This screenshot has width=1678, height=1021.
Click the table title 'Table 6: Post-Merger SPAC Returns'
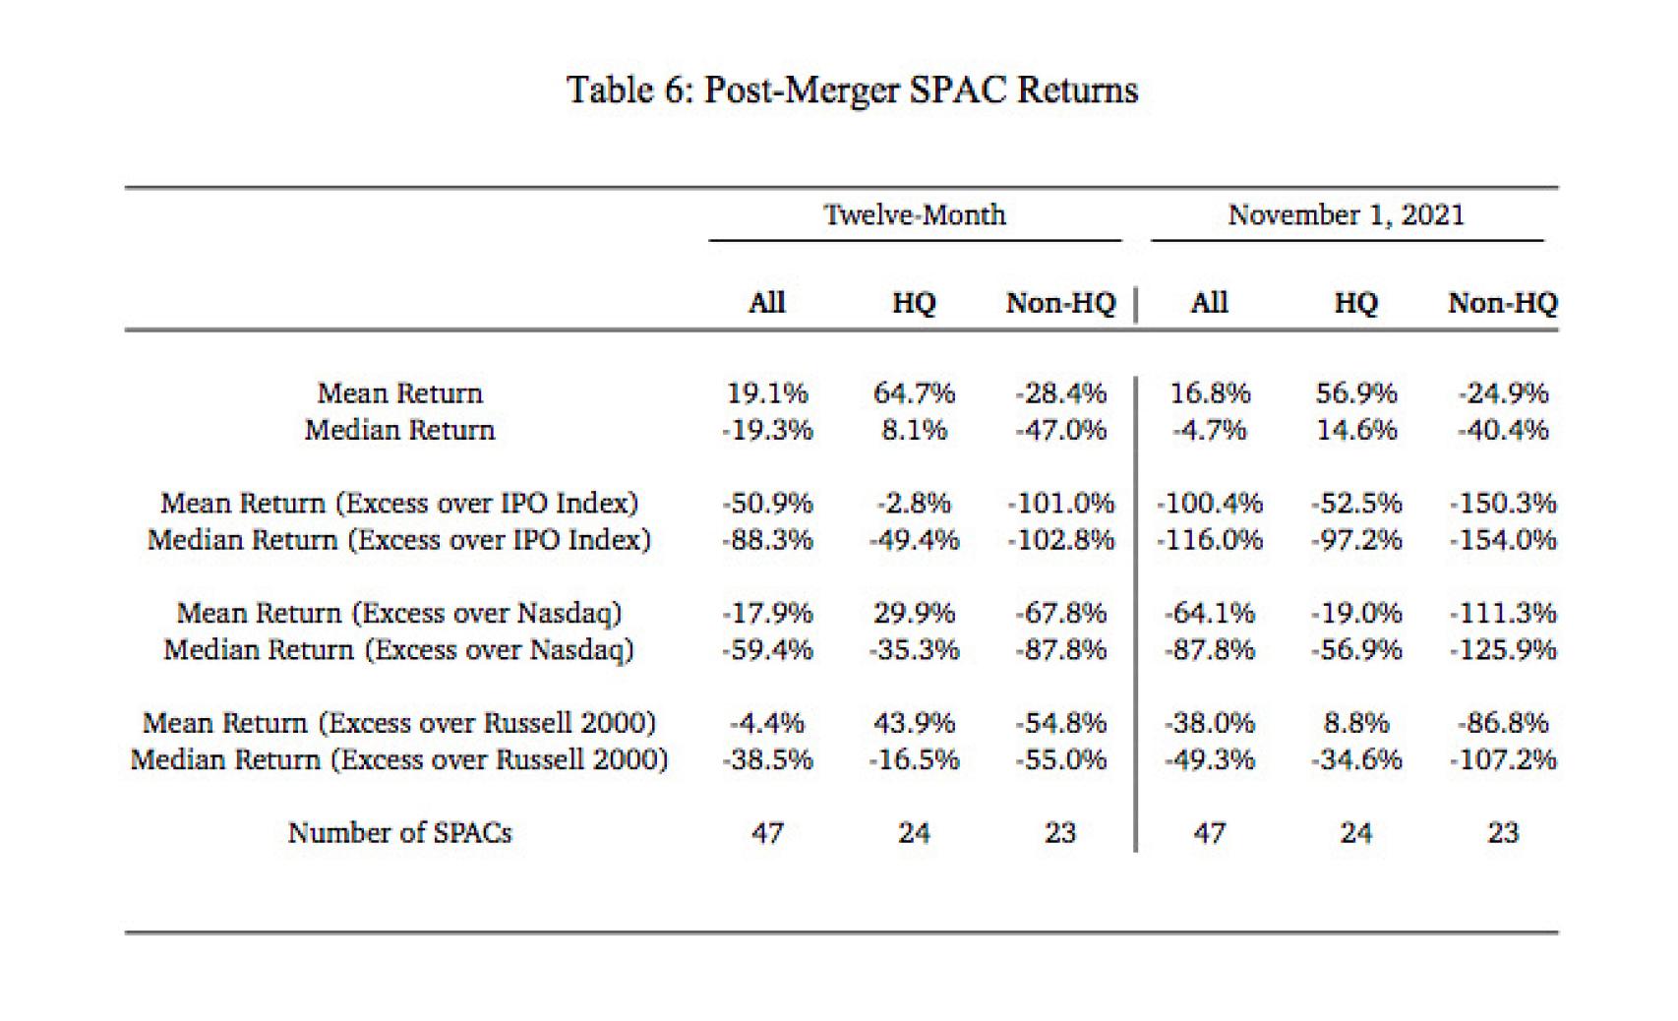click(852, 90)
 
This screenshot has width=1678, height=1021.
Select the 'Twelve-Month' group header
click(914, 215)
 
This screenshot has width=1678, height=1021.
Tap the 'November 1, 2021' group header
click(1346, 215)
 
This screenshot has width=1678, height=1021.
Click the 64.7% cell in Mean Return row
click(914, 393)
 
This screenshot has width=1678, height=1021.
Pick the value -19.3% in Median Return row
click(767, 430)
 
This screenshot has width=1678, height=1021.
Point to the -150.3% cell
click(1503, 504)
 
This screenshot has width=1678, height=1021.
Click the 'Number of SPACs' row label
click(399, 833)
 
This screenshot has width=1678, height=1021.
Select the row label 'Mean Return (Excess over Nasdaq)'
click(399, 614)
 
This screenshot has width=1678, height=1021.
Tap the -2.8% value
click(914, 504)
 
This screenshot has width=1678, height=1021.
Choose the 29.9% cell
click(914, 614)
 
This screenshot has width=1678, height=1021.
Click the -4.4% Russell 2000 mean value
click(767, 723)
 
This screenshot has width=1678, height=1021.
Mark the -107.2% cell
click(1503, 759)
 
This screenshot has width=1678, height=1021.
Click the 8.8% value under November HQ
click(1355, 723)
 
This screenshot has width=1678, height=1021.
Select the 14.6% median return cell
click(1355, 430)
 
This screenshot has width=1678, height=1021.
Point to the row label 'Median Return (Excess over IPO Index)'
click(399, 540)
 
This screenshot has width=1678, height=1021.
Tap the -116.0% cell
click(1209, 540)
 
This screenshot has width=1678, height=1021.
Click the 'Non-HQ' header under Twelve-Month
click(1060, 303)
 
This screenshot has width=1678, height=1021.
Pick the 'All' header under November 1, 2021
click(1209, 303)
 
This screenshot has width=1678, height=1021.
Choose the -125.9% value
click(1503, 650)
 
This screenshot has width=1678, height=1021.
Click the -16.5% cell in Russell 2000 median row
click(914, 759)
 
